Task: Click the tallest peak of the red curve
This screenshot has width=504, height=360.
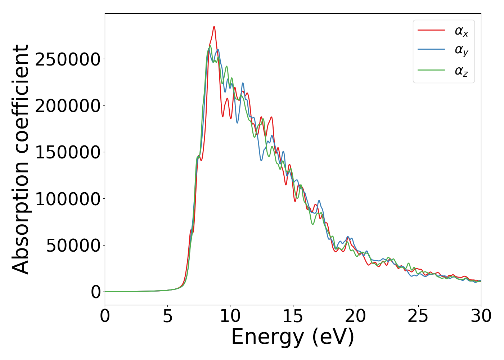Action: coord(214,27)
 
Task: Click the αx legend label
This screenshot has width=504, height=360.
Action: coord(461,31)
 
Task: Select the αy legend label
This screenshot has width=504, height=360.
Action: coord(461,51)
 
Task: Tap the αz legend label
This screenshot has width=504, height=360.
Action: coord(461,71)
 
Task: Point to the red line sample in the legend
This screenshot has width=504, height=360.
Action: coord(431,30)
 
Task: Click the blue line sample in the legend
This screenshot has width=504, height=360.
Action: coord(431,50)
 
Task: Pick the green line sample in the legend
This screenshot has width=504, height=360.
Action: coord(431,70)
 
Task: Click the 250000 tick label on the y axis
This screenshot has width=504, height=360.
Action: coord(67,59)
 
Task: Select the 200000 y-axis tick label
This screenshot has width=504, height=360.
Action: coord(67,106)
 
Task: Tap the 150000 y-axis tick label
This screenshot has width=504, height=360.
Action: coord(67,152)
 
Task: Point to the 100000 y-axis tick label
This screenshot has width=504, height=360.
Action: coord(67,199)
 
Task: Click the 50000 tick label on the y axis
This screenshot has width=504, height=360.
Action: coord(73,246)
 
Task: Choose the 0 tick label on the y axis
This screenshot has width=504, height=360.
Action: coord(96,292)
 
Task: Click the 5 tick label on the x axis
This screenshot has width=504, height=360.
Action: coord(167,316)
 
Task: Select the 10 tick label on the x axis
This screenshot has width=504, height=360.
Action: coord(230,316)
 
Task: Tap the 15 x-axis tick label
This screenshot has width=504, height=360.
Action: coord(293,316)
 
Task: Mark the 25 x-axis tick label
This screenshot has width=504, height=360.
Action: coord(418,316)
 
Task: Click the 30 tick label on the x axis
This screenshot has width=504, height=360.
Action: coord(480,316)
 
